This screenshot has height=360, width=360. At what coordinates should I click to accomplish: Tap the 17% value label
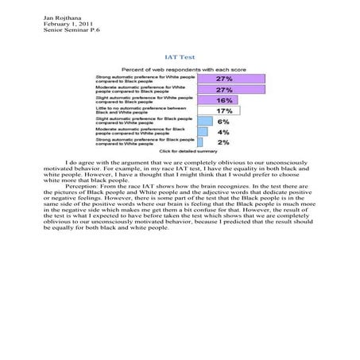click(x=225, y=112)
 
